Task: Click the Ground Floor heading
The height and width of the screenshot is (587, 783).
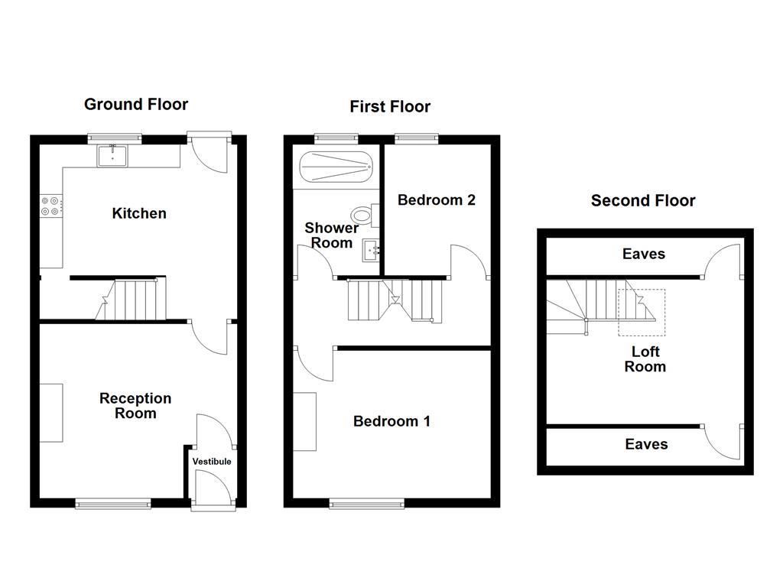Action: tap(135, 105)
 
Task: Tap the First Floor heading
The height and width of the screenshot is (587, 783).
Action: tap(390, 107)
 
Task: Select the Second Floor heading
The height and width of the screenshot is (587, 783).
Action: tap(643, 201)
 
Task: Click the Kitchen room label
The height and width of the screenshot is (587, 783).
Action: tap(139, 213)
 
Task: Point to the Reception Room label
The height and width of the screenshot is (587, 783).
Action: tap(135, 406)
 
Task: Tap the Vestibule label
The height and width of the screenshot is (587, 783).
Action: tap(212, 462)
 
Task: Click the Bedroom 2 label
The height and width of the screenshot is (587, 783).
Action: tap(437, 200)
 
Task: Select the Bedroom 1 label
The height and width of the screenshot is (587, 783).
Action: tap(391, 421)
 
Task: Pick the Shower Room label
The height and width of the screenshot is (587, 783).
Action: tap(332, 235)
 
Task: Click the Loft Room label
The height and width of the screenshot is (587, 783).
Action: tap(645, 359)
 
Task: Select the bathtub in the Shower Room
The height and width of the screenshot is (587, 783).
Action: tap(335, 167)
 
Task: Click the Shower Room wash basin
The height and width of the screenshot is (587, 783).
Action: tap(372, 248)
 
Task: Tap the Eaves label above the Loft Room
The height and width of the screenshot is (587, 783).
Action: tap(644, 254)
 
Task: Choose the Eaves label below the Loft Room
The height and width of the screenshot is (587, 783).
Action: tap(646, 444)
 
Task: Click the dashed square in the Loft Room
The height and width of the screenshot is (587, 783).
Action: tap(642, 311)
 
